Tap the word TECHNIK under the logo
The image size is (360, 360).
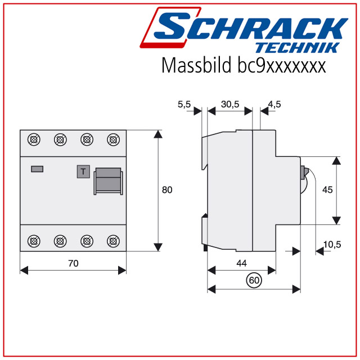coord(298,48)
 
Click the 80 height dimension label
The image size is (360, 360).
coord(167,190)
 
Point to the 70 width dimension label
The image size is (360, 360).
coord(73,263)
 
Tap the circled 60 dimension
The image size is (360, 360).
coord(254,280)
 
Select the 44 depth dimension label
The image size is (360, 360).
coord(241,263)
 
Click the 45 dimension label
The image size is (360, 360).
coord(327,190)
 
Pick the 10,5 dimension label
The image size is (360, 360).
coord(332,245)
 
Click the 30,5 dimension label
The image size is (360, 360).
coord(230,105)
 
